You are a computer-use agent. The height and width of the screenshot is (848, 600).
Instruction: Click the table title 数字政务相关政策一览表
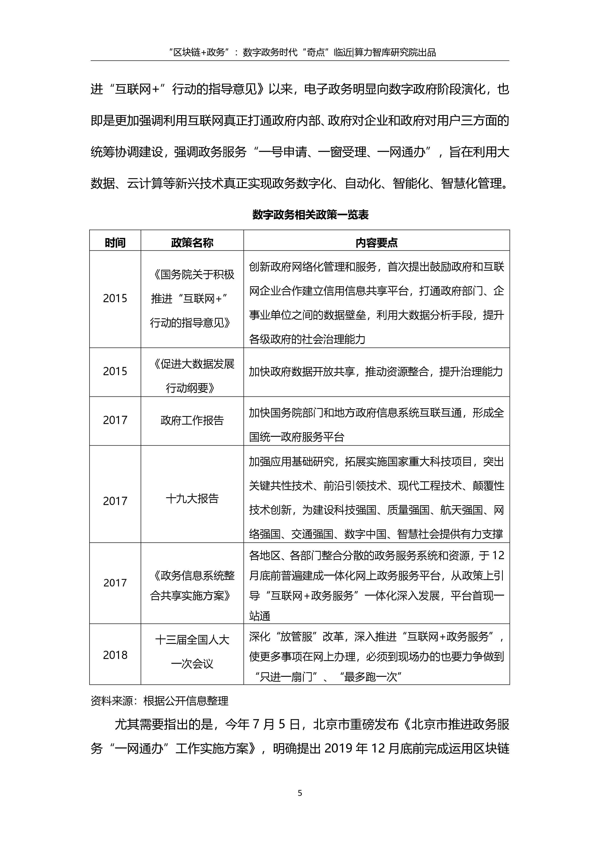310,215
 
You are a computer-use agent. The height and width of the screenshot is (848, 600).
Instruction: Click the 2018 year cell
115,655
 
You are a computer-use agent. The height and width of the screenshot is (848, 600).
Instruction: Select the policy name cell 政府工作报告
192,420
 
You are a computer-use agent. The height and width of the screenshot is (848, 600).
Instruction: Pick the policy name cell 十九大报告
192,499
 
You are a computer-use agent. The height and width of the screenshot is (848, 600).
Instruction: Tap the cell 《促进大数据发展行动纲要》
192,376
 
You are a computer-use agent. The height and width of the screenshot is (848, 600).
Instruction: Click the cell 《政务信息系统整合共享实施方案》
192,585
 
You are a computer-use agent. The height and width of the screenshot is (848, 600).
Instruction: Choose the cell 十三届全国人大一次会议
192,652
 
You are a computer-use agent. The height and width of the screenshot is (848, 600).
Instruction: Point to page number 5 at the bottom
300,793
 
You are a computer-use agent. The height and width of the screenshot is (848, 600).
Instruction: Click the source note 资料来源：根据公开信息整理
160,701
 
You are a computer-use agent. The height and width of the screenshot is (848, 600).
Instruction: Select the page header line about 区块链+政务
300,52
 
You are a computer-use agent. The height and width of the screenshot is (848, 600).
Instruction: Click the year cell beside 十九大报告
115,501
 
